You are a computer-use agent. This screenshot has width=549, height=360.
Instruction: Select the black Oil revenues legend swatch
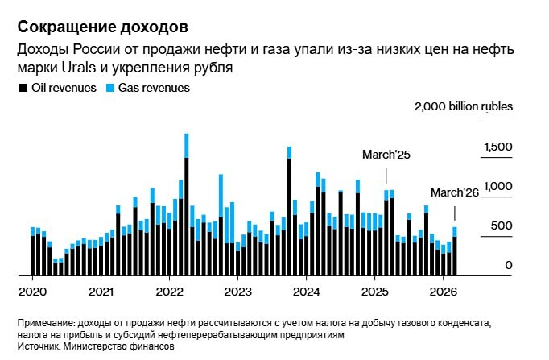pyautogui.click(x=23, y=88)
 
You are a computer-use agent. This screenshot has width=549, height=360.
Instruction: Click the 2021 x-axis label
pyautogui.click(x=101, y=290)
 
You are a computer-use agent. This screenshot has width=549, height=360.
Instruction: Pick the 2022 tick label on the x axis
pyautogui.click(x=170, y=290)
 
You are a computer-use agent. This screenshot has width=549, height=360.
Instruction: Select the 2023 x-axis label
pyautogui.click(x=238, y=290)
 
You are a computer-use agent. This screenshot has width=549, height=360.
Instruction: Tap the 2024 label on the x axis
pyautogui.click(x=308, y=290)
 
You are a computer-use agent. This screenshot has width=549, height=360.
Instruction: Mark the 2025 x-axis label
pyautogui.click(x=376, y=290)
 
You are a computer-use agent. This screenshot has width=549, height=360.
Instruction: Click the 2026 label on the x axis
pyautogui.click(x=444, y=290)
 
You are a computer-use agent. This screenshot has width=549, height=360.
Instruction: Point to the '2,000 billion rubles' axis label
pyautogui.click(x=463, y=106)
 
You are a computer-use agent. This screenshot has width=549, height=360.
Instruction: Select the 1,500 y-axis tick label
pyautogui.click(x=497, y=147)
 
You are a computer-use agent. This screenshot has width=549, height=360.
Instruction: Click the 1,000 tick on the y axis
pyautogui.click(x=497, y=186)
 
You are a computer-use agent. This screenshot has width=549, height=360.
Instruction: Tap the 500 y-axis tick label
pyautogui.click(x=502, y=226)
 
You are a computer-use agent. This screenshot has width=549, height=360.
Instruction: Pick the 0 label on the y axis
pyautogui.click(x=509, y=265)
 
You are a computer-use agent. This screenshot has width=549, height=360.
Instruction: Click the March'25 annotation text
pyautogui.click(x=386, y=154)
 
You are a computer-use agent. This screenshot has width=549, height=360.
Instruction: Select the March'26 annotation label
pyautogui.click(x=455, y=192)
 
